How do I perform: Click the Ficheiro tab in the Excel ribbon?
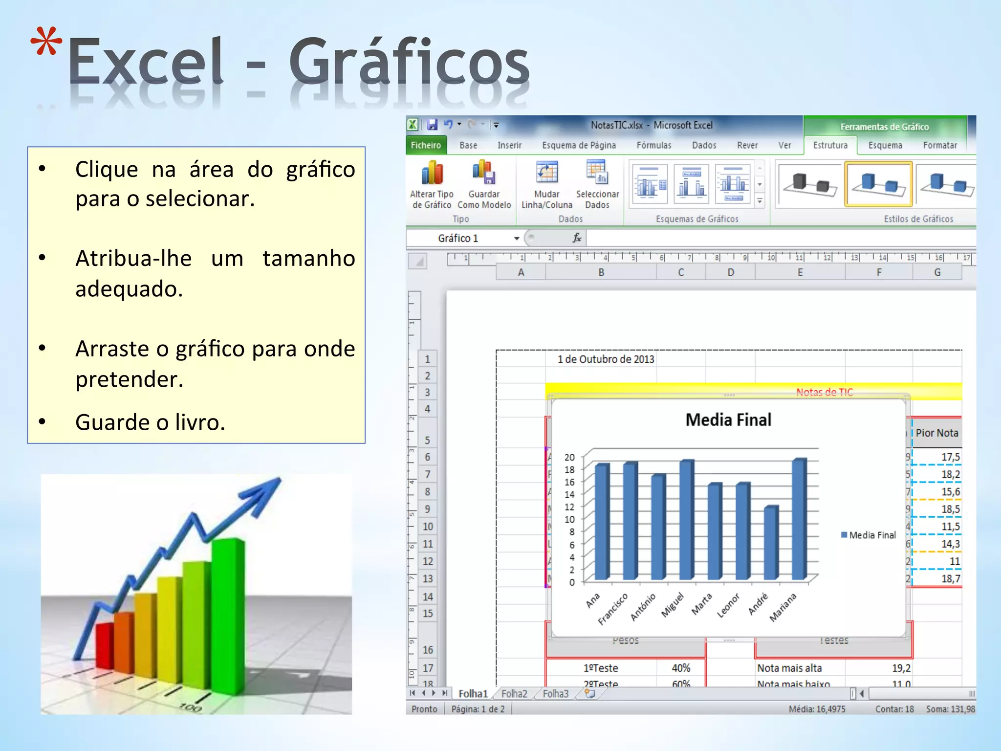pos(425,145)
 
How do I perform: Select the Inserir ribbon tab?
pos(509,145)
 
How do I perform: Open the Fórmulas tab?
pos(653,145)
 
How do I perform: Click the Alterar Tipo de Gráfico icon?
pos(432,174)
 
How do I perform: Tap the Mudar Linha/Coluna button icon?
pos(546,173)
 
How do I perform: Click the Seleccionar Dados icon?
pos(597,173)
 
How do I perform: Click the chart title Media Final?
pos(728,420)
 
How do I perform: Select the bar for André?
pos(771,543)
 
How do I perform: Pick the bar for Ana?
pos(602,522)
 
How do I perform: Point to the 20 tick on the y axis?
pos(569,457)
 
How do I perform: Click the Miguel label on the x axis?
pos(674,605)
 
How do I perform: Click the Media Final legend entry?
pos(869,535)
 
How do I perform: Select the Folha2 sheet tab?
pos(514,694)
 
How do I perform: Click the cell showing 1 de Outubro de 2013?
pos(606,359)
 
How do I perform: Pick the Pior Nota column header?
pos(936,433)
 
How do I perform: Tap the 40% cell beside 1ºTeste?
pos(681,668)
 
